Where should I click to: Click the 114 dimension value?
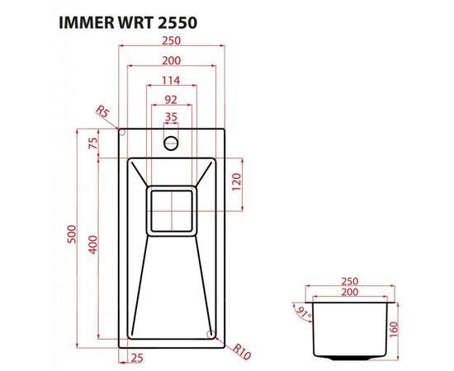[171, 80]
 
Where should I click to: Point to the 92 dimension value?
[171, 99]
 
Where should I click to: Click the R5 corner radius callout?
[103, 111]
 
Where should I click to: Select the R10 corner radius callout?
[241, 352]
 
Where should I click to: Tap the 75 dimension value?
[93, 142]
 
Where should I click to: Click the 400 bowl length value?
[93, 245]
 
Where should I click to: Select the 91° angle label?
[297, 312]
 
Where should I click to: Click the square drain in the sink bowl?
[171, 209]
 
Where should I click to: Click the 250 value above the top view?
[171, 41]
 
